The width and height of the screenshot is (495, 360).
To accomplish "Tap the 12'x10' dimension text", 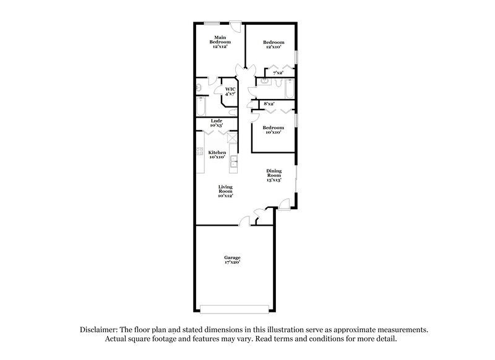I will [x=273, y=47].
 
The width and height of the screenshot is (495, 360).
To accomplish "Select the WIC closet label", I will [x=230, y=90].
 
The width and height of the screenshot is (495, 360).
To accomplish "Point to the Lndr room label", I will [x=216, y=121].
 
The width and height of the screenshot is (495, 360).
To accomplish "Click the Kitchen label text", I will [x=217, y=152].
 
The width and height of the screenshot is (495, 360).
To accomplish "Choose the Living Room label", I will [x=225, y=190].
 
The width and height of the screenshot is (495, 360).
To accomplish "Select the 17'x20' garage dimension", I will [x=233, y=262].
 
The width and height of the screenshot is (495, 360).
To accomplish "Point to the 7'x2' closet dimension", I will [x=278, y=74].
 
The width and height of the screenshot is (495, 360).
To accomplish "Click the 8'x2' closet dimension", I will [x=269, y=103].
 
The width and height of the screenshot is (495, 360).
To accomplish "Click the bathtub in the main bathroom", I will [x=200, y=107].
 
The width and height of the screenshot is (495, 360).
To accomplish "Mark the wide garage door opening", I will [x=235, y=307].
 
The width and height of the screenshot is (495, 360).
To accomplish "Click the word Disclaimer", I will [x=99, y=330].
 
